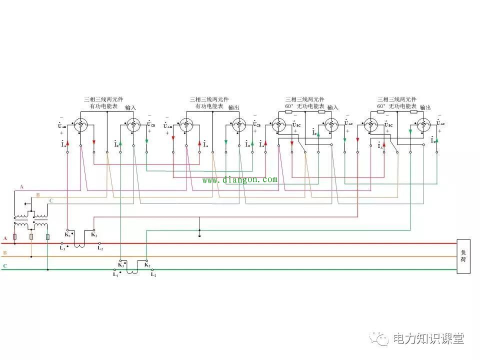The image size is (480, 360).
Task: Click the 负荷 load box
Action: [x=463, y=256]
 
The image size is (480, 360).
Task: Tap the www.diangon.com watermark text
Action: [x=239, y=179]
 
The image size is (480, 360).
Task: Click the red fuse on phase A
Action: [x=15, y=236]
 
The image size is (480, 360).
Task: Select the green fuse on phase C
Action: [x=47, y=236]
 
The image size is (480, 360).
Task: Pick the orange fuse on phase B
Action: [x=31, y=236]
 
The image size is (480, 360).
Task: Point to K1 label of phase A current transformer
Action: [x=67, y=234]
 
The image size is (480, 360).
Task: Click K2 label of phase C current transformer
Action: [x=147, y=265]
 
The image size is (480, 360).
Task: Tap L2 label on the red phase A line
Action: [x=100, y=248]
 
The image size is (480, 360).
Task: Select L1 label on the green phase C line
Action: [x=115, y=275]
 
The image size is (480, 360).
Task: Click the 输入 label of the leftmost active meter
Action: [x=130, y=107]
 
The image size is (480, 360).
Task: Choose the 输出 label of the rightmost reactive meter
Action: [x=425, y=107]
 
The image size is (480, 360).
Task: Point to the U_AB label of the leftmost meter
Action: [x=61, y=126]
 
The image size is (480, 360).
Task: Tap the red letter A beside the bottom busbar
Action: [x=5, y=238]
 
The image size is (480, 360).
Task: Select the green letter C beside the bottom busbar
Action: [x=5, y=266]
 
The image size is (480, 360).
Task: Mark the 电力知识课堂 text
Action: [x=428, y=338]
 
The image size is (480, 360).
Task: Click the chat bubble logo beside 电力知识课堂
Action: [x=379, y=339]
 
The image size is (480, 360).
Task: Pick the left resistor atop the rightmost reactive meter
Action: [x=380, y=112]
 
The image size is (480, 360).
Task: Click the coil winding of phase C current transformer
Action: [x=132, y=270]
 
